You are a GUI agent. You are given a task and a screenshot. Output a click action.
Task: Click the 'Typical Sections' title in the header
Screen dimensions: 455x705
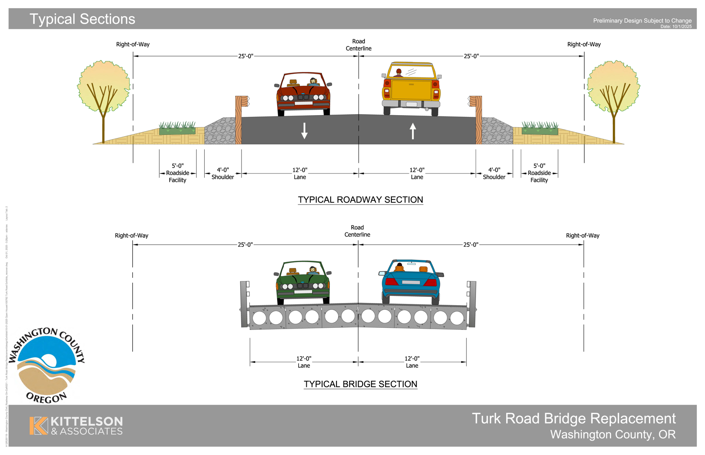82,19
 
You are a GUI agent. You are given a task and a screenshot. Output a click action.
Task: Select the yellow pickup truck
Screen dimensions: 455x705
411,89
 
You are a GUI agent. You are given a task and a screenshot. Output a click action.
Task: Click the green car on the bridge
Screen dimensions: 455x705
303,282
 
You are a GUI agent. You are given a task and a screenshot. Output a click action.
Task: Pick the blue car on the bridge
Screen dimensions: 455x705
410,280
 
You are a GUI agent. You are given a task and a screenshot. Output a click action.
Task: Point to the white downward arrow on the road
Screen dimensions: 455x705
305,130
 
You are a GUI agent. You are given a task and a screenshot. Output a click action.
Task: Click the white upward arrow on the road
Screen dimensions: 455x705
413,131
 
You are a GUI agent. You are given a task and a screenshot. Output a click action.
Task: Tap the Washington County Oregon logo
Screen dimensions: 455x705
46,365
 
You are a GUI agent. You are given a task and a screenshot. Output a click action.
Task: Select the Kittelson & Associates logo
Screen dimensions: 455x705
76,425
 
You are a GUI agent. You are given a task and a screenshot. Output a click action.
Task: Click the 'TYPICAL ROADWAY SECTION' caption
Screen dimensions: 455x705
360,200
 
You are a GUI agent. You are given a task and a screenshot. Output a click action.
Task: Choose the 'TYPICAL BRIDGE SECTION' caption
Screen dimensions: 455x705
360,384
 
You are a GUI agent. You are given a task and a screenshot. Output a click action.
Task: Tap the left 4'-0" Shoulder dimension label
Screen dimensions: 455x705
223,174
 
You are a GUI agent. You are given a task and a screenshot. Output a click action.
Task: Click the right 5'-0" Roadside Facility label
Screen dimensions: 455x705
539,173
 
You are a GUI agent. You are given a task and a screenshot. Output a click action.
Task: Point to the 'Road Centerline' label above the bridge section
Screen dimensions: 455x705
357,231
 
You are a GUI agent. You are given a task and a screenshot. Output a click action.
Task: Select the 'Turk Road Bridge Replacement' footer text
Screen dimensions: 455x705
574,419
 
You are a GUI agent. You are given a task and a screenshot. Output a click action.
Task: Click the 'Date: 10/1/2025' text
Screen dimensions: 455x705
676,27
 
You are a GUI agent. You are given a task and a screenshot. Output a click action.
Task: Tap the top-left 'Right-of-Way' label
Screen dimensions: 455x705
133,45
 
